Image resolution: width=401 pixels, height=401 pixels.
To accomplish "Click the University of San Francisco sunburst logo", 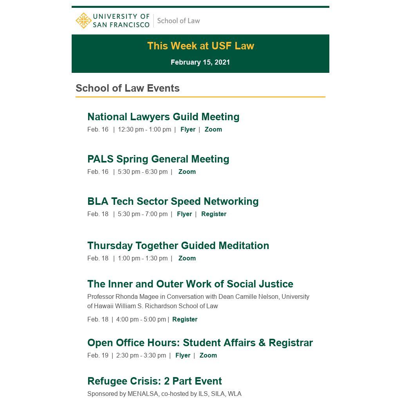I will click(83, 21).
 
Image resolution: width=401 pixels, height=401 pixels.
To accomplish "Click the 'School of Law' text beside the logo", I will click(178, 21).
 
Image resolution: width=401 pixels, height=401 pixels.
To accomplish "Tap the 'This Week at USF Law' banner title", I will click(200, 46).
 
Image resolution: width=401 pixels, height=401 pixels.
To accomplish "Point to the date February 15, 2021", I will click(200, 62).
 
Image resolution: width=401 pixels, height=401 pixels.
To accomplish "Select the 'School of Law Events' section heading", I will click(128, 88).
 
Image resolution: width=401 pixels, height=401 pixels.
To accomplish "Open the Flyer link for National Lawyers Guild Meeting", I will click(188, 129).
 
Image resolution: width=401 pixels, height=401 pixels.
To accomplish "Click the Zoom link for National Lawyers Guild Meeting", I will click(213, 129).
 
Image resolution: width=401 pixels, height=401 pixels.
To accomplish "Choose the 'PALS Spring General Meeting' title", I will click(158, 159).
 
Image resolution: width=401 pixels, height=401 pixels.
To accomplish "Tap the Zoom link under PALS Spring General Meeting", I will click(187, 172).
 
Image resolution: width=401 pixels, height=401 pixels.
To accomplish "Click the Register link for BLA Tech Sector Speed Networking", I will click(213, 214).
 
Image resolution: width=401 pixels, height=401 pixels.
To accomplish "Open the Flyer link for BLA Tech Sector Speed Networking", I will click(184, 214).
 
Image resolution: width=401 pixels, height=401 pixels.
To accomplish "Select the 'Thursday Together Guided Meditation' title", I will click(178, 246).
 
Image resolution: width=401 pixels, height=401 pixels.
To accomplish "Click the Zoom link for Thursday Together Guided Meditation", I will click(187, 258).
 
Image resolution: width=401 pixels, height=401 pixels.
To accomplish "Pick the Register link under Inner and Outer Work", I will click(184, 319).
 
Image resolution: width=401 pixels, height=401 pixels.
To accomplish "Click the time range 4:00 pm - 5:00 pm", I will click(141, 319).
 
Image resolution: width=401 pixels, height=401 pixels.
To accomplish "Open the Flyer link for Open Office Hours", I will click(182, 355).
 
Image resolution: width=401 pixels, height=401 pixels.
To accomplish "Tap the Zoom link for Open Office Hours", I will click(208, 355).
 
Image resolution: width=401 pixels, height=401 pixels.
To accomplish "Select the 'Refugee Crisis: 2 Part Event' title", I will click(154, 381).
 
